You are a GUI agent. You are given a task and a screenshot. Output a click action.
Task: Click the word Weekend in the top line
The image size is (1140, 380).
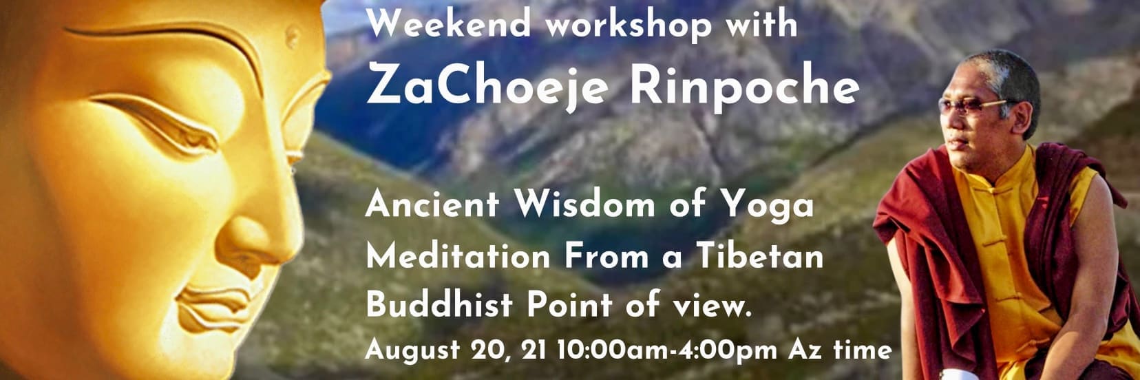pyautogui.click(x=449, y=23)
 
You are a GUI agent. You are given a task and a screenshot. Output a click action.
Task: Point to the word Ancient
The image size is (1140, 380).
pyautogui.click(x=432, y=204)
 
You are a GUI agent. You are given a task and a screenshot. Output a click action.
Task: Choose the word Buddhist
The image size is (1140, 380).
pyautogui.click(x=439, y=304)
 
